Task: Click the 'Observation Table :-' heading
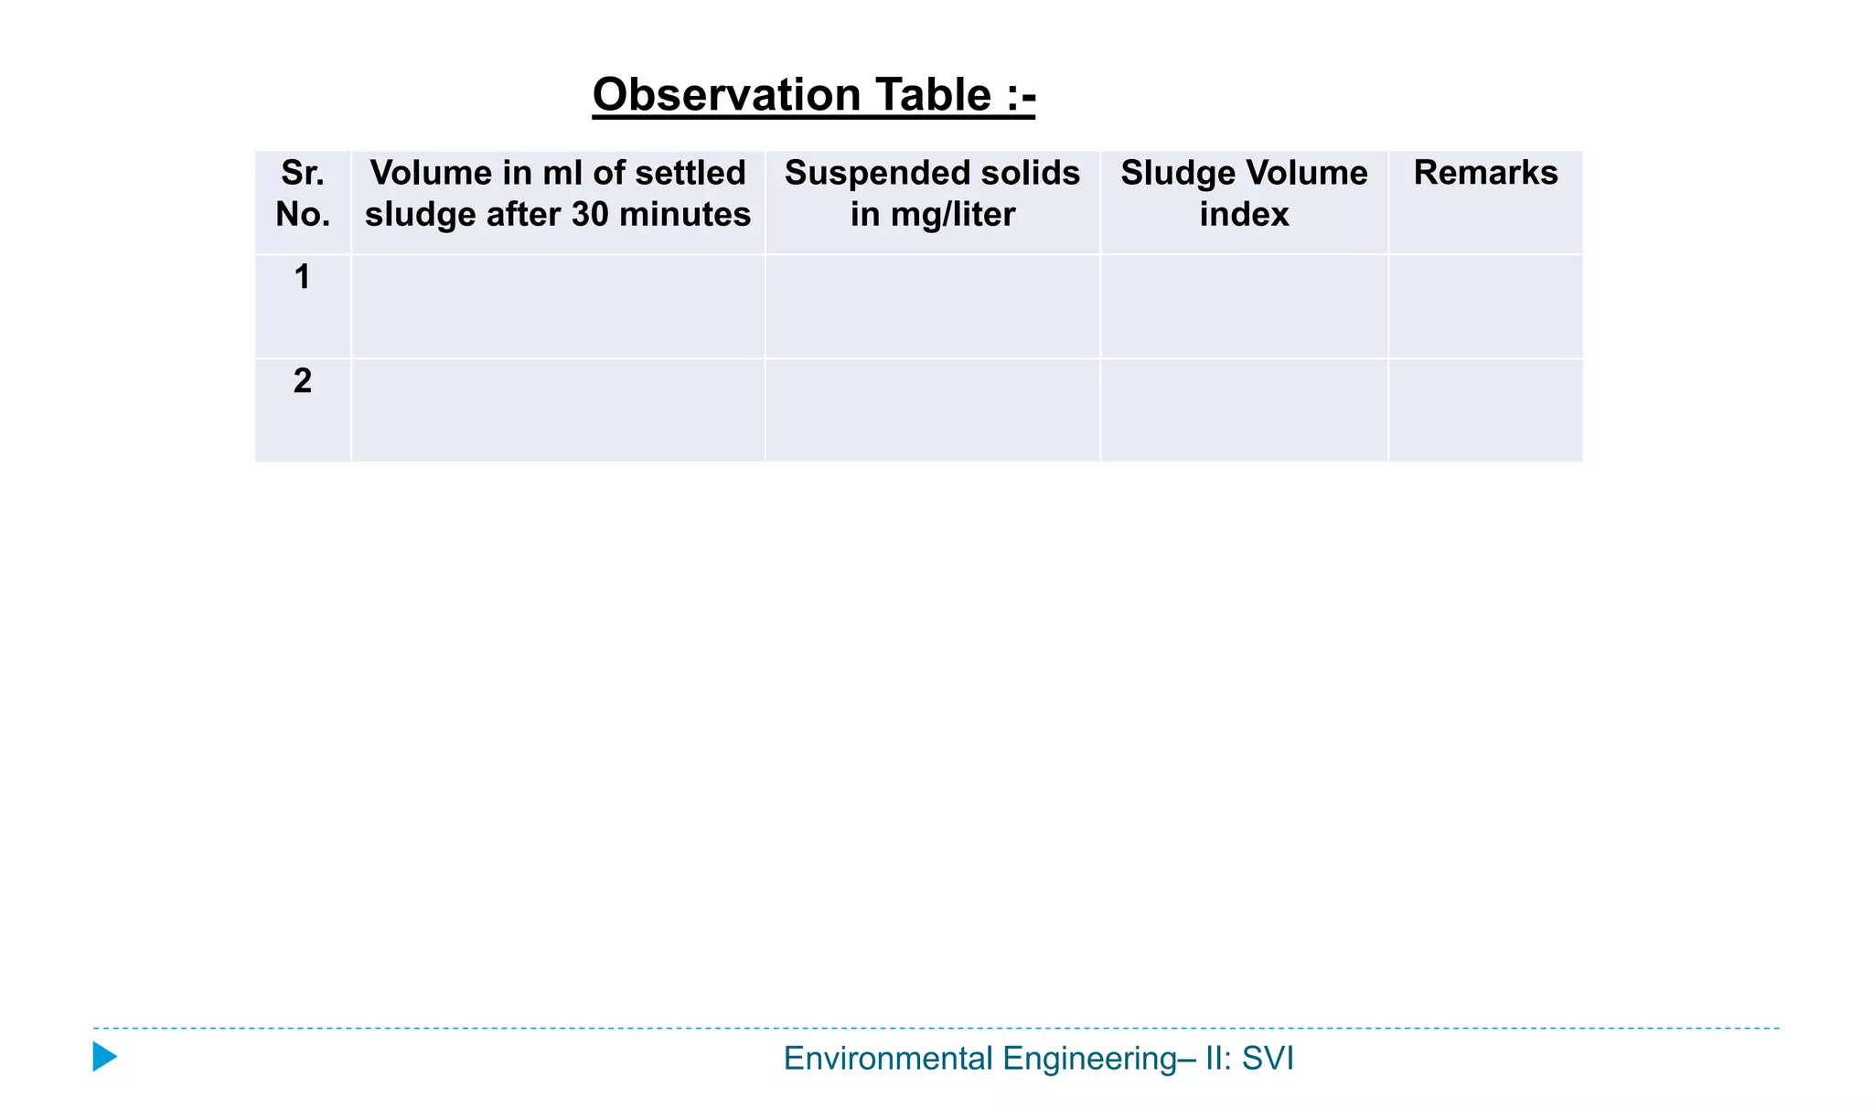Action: tap(813, 95)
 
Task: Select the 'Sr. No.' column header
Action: tap(303, 193)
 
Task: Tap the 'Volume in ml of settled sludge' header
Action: tap(558, 193)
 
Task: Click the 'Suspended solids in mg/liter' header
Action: tap(932, 193)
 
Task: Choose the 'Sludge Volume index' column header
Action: tap(1244, 193)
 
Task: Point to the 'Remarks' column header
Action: tap(1485, 173)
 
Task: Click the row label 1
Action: tap(303, 277)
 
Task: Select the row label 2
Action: tap(303, 380)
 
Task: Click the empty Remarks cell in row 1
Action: tap(1485, 306)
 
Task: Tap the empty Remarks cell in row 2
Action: tap(1485, 410)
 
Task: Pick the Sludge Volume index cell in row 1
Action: tap(1244, 306)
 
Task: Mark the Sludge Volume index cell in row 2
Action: tap(1244, 410)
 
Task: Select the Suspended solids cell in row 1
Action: tap(932, 306)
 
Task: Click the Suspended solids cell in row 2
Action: tap(932, 410)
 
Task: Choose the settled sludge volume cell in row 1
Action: tap(558, 306)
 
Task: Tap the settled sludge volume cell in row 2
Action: tap(558, 410)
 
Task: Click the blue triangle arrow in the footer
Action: tap(104, 1057)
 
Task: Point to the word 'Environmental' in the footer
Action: tap(887, 1059)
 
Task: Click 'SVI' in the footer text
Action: tap(1268, 1059)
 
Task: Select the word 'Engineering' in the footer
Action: tap(1089, 1059)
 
